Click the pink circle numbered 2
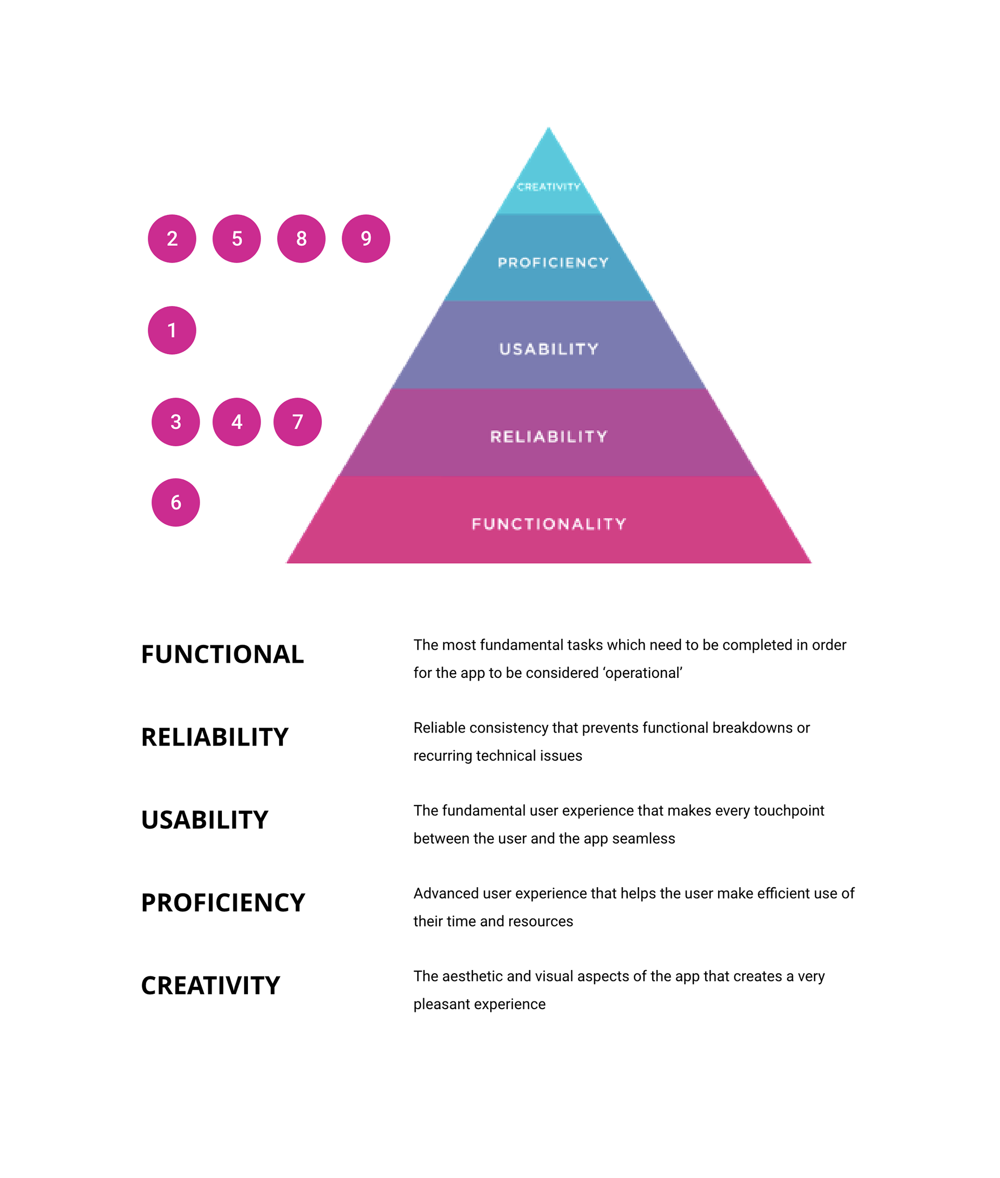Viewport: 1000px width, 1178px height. (x=172, y=238)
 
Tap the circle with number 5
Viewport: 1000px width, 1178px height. (x=236, y=238)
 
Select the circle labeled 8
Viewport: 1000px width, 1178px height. (x=301, y=238)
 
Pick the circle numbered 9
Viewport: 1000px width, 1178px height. (x=366, y=238)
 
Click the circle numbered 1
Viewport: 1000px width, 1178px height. (x=172, y=330)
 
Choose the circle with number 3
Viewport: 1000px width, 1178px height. (x=176, y=421)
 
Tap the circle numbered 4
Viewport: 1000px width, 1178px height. (x=236, y=421)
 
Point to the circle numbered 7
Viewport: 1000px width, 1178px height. (x=297, y=421)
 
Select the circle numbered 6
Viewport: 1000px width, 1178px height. (x=176, y=502)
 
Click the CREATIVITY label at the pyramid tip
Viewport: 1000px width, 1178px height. (x=548, y=187)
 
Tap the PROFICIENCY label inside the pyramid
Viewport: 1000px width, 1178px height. (x=553, y=263)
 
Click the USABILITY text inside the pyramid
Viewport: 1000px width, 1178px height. (x=549, y=349)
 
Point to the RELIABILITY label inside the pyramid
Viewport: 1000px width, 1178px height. (x=549, y=436)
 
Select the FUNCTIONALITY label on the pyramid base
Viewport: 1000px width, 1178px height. (x=549, y=524)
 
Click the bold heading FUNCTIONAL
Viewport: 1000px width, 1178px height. (x=222, y=654)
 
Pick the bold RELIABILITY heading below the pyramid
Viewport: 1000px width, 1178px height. (x=214, y=737)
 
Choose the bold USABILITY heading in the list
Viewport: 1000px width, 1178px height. (x=204, y=820)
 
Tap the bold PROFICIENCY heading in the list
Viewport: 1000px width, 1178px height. (x=223, y=902)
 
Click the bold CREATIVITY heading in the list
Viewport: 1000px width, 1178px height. (x=210, y=985)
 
